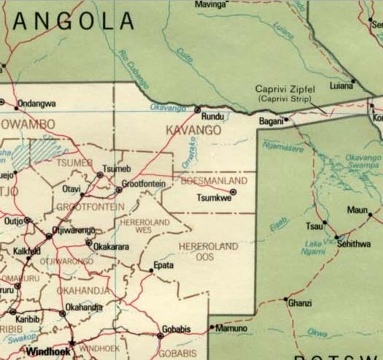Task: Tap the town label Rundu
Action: pyautogui.click(x=212, y=116)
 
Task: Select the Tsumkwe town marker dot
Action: pyautogui.click(x=233, y=191)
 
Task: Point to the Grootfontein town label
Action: pyautogui.click(x=145, y=183)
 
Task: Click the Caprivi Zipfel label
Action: pyautogui.click(x=285, y=88)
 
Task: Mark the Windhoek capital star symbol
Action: pyautogui.click(x=71, y=342)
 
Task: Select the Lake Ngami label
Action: pyautogui.click(x=314, y=248)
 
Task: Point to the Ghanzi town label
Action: pyautogui.click(x=300, y=302)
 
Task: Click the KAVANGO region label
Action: pyautogui.click(x=193, y=129)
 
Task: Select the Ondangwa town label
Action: pyautogui.click(x=36, y=104)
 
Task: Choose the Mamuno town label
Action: pyautogui.click(x=232, y=329)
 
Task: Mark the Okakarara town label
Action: pyautogui.click(x=112, y=247)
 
